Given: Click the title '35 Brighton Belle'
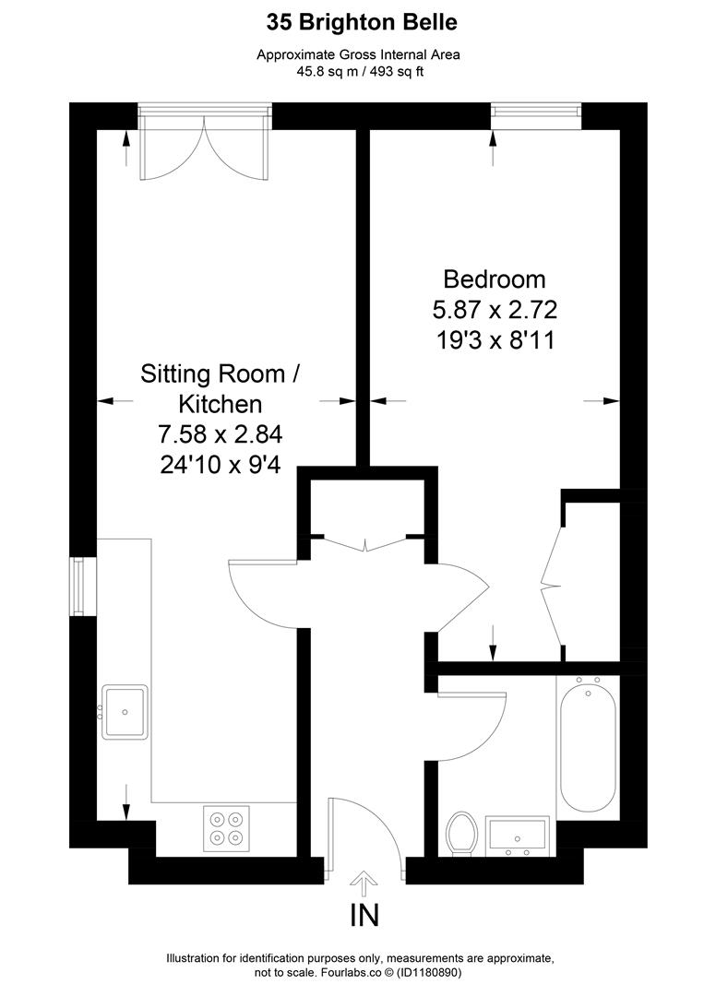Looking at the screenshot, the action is [362, 23].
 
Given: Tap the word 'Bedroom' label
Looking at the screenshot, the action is [495, 279].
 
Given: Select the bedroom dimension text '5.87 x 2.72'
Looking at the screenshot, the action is [495, 309].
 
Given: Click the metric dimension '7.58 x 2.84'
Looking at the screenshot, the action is [220, 434].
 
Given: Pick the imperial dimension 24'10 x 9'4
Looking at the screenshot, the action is [220, 465].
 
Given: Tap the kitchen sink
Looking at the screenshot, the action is [125, 712].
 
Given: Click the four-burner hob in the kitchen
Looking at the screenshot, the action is [226, 828].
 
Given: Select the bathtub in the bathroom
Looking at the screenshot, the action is [589, 744].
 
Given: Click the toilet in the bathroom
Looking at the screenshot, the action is [462, 834].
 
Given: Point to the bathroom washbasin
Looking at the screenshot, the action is [517, 836].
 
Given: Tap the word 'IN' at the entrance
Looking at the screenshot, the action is [364, 916].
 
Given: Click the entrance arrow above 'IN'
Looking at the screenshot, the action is [364, 882].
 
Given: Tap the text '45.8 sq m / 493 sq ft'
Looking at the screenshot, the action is [360, 71].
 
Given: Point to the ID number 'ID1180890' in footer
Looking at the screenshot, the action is [429, 973].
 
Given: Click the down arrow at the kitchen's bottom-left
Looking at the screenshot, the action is [125, 802].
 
